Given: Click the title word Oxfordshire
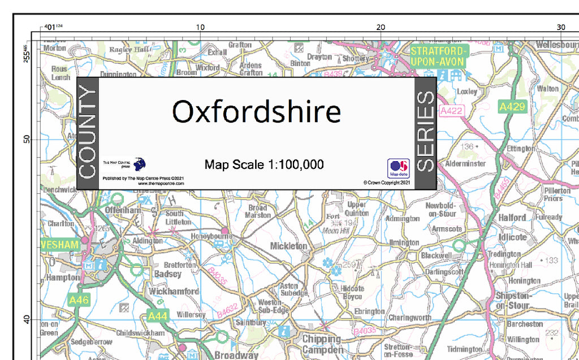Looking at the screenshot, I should point(256,112).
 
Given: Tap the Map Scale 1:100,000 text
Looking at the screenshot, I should point(264,164).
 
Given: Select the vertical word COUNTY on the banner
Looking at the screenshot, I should point(88,133).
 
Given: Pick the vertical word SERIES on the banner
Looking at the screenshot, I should point(425,132).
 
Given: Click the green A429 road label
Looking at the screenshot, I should point(512,106).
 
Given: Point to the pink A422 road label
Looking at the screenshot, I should point(451,111).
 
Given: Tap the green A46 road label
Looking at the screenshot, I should point(79,300).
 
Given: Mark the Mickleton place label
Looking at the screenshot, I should point(288,246).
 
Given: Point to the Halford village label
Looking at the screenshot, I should point(512,218).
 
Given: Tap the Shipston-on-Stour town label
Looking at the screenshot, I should point(513,301).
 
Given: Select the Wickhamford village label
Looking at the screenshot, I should point(173,292).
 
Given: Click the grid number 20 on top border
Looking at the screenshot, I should point(381,27).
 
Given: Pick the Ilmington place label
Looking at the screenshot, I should point(404,243).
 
